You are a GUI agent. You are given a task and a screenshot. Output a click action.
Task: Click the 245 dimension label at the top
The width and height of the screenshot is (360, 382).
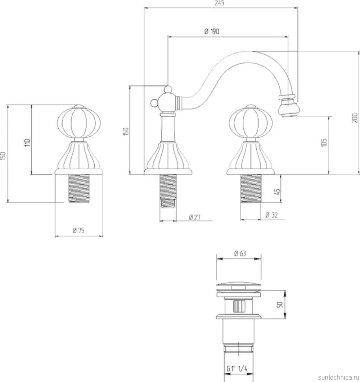click(x=219, y=3)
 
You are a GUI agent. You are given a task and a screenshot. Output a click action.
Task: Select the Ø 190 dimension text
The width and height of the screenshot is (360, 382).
click(x=212, y=32)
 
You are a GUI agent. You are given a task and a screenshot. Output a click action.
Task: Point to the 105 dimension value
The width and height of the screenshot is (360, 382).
click(x=324, y=143)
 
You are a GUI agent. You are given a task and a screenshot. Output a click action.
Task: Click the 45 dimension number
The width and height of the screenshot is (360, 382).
click(x=277, y=191)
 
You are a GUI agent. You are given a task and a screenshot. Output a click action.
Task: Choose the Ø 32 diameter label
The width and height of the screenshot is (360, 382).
click(x=271, y=215)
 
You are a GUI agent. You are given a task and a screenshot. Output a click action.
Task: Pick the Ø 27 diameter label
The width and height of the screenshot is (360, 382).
click(x=195, y=217)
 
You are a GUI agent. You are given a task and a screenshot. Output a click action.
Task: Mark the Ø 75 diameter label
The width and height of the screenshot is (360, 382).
click(x=78, y=230)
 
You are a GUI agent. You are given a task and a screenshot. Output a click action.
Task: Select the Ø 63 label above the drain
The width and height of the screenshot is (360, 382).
click(x=240, y=254)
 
